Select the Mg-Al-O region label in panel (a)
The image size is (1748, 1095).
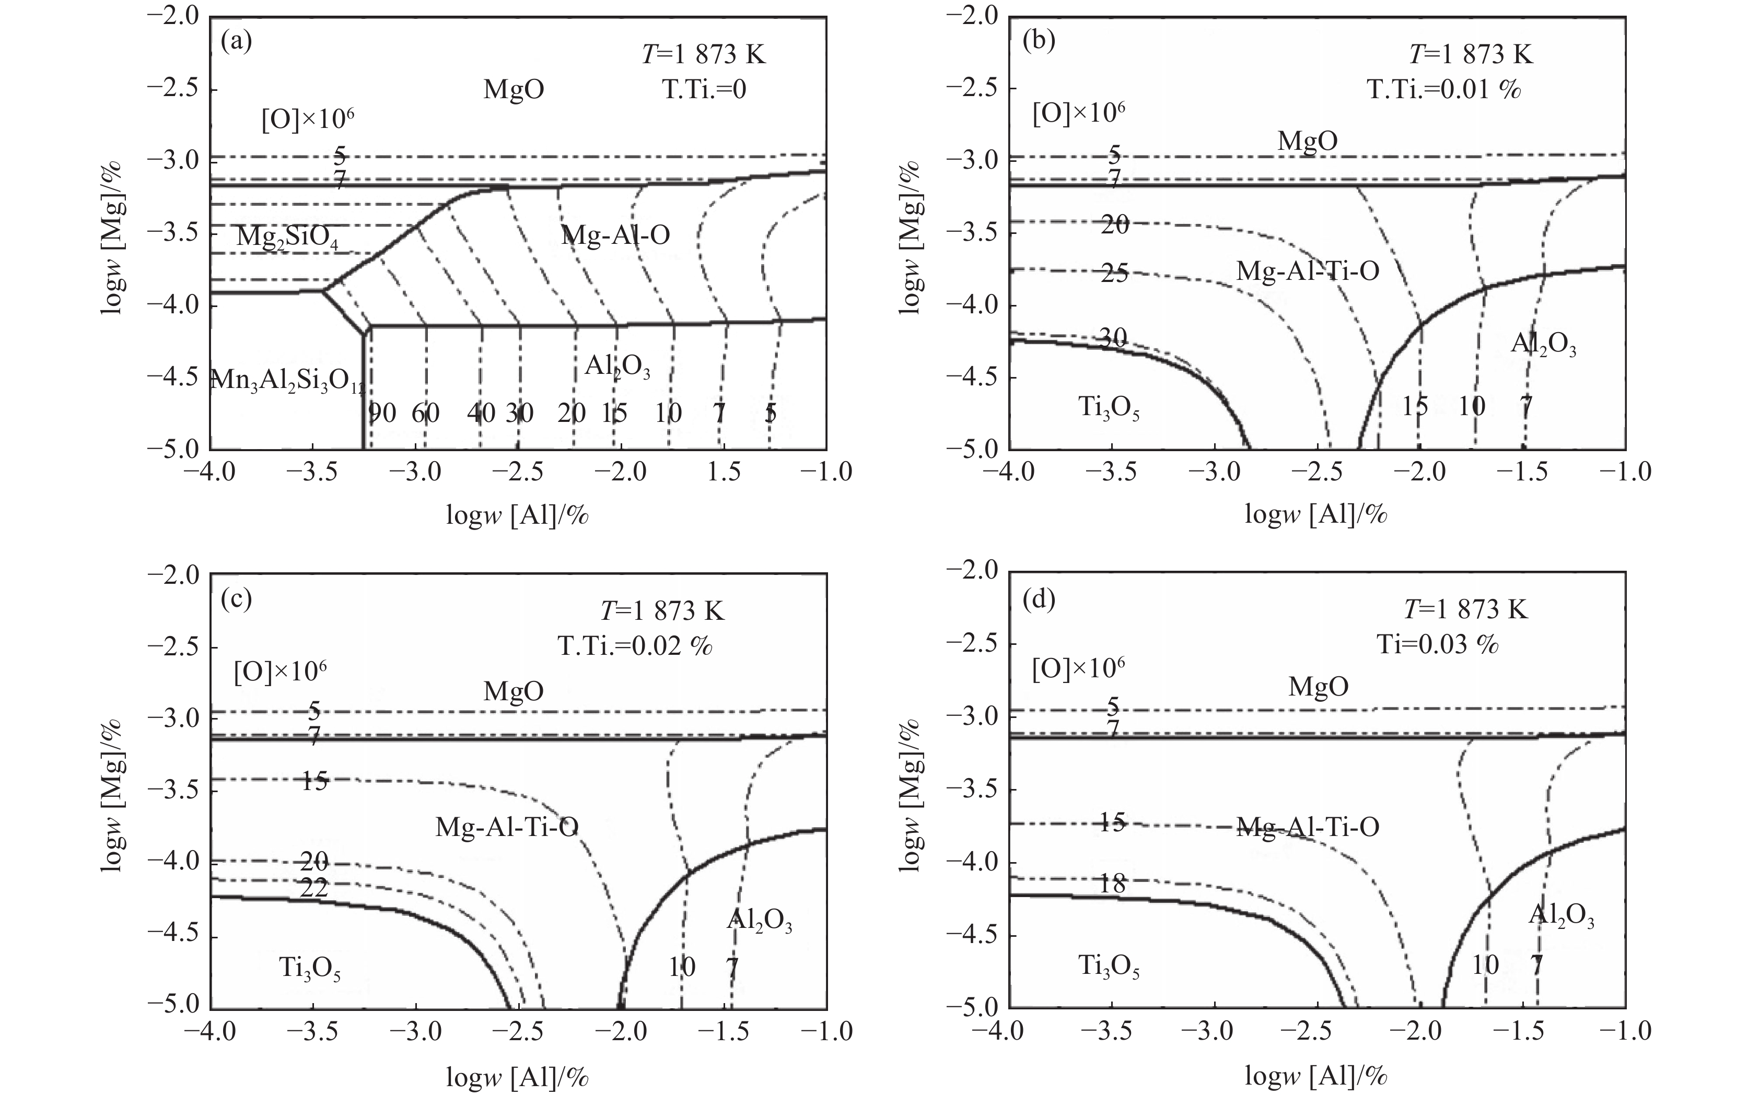[x=615, y=234]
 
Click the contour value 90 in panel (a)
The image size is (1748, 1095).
[x=382, y=413]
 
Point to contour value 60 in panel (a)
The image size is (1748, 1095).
[x=425, y=413]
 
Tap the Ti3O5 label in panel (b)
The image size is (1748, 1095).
[x=1109, y=408]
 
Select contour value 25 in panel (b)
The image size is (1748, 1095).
[x=1114, y=274]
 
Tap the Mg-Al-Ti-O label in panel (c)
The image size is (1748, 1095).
[x=507, y=827]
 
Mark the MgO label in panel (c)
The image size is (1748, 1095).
[x=514, y=691]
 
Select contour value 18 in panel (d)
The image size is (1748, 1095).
[x=1113, y=884]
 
